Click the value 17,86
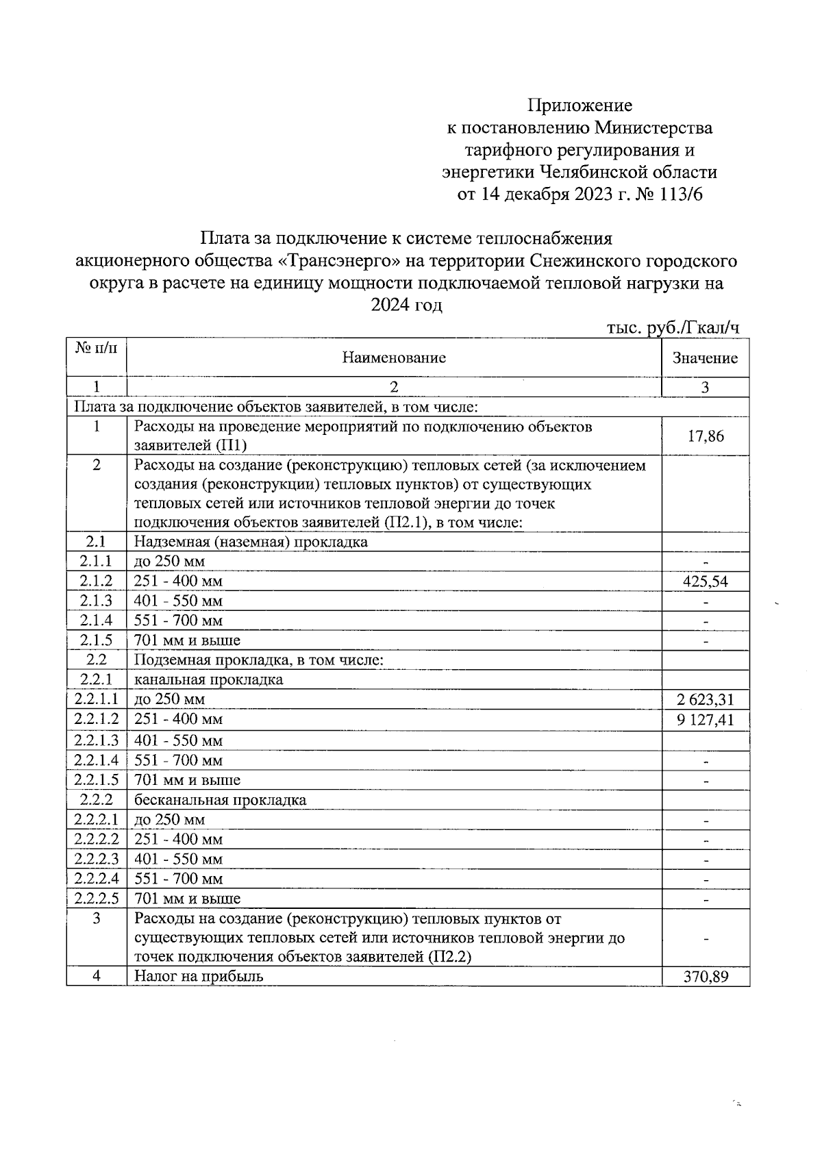705,436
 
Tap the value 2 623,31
705,699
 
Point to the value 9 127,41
705,719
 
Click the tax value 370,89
705,976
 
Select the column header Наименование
394,358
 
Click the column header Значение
705,358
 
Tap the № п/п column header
97,349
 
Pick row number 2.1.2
97,581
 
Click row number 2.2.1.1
97,699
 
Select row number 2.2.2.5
97,898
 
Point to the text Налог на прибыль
199,976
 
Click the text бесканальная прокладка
221,800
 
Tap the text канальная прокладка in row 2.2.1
209,680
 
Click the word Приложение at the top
580,105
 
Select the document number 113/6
680,195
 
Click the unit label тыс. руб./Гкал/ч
673,328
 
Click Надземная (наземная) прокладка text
251,542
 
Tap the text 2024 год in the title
406,305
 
